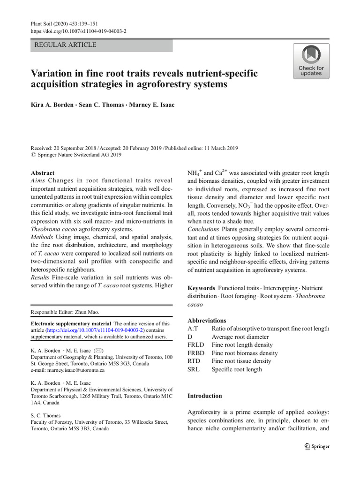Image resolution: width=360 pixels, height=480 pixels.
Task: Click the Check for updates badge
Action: point(311,61)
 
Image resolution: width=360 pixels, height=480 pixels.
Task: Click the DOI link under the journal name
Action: point(78,31)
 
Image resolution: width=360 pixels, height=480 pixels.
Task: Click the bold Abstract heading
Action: point(43,173)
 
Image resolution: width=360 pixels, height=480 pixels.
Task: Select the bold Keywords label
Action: point(201,288)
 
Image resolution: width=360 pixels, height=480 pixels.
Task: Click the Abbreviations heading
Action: point(207,321)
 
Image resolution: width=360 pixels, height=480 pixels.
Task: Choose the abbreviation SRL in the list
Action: point(194,369)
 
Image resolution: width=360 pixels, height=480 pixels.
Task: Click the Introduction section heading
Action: point(205,396)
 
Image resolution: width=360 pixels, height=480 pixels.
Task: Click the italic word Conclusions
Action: point(203,229)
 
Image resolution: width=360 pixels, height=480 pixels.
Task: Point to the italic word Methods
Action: point(43,237)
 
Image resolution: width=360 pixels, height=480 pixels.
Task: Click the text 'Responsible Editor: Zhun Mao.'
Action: point(65,312)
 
